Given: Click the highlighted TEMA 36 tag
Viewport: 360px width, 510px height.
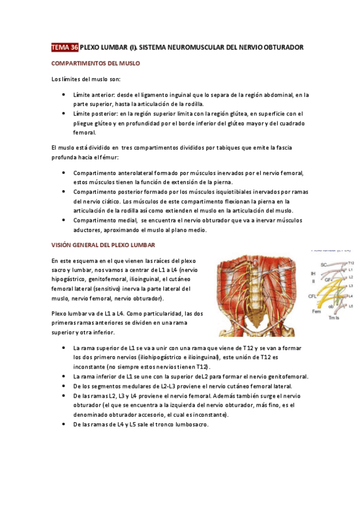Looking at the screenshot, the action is pos(64,48).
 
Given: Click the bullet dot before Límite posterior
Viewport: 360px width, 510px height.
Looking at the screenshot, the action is pos(64,113).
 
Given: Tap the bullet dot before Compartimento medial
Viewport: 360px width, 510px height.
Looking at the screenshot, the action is pos(64,220).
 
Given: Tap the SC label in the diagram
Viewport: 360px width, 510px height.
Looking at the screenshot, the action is pos(324,264).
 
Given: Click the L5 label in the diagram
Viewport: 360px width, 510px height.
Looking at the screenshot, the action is pos(351,306).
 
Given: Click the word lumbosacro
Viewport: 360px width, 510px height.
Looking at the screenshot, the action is pos(189,424).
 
